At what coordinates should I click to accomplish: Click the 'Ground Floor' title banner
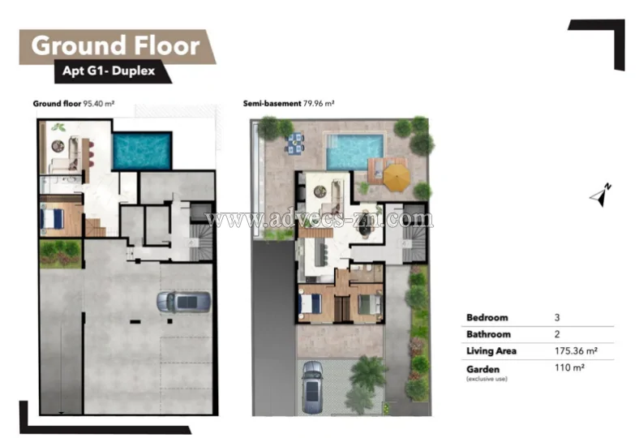[x=118, y=46]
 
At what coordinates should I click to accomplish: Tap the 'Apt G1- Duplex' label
[x=109, y=71]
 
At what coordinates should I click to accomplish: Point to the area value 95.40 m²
[x=99, y=104]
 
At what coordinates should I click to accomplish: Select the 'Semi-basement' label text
[x=272, y=104]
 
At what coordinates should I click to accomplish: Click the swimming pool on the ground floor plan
[x=142, y=150]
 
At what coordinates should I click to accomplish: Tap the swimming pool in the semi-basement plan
[x=355, y=152]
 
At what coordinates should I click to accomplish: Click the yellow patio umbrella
[x=396, y=178]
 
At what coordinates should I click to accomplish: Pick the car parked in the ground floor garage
[x=184, y=302]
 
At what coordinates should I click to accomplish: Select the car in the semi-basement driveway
[x=312, y=387]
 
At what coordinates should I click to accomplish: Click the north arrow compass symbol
[x=601, y=195]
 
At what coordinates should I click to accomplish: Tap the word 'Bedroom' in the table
[x=487, y=317]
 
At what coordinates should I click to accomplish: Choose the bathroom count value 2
[x=557, y=334]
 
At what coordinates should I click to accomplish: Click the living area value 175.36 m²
[x=576, y=351]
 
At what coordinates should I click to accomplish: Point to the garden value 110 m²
[x=569, y=367]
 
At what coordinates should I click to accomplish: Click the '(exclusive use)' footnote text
[x=487, y=379]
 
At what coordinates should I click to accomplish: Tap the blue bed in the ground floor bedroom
[x=52, y=219]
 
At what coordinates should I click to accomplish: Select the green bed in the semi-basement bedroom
[x=370, y=304]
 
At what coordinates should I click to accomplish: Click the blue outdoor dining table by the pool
[x=295, y=144]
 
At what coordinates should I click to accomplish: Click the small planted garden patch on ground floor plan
[x=61, y=253]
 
